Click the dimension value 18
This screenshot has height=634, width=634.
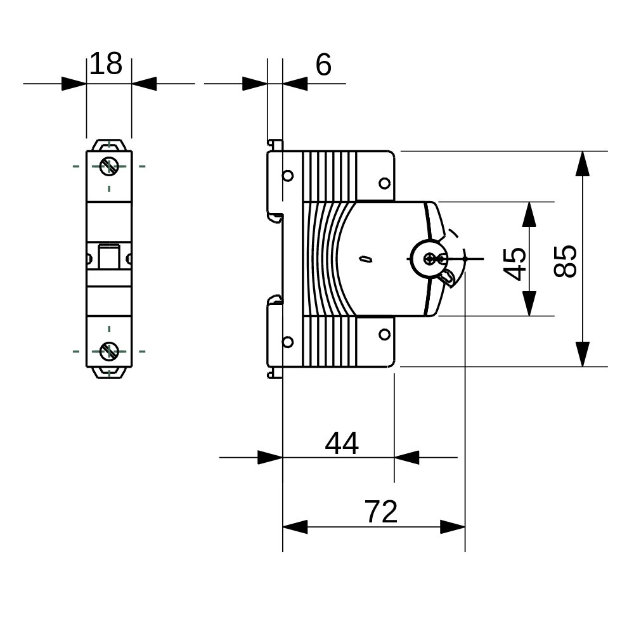coord(105,64)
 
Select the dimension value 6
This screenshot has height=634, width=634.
coord(323,65)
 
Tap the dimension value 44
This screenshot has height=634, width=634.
coord(342,443)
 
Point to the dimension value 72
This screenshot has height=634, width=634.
coord(381,512)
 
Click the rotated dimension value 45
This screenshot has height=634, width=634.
coord(515,263)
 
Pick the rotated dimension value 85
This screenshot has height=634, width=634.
coord(566,261)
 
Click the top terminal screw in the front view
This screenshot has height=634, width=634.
coord(109,167)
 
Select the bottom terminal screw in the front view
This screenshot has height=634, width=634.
coord(109,351)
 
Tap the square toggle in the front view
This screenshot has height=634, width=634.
coord(109,256)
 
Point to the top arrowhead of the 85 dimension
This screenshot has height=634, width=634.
coord(582,163)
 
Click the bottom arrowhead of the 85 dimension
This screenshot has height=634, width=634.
coord(582,354)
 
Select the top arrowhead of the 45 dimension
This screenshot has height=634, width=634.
coord(529,214)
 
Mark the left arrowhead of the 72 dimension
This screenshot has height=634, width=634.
coord(295,526)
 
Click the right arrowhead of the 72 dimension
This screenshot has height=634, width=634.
coord(453,526)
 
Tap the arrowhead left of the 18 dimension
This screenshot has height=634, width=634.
coord(74,83)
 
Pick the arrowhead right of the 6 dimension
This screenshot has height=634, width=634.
coord(295,83)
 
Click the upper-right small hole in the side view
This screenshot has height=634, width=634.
coord(384,184)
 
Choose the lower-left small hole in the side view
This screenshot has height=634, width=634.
coord(288,342)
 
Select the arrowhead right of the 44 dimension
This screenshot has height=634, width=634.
coord(406,456)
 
